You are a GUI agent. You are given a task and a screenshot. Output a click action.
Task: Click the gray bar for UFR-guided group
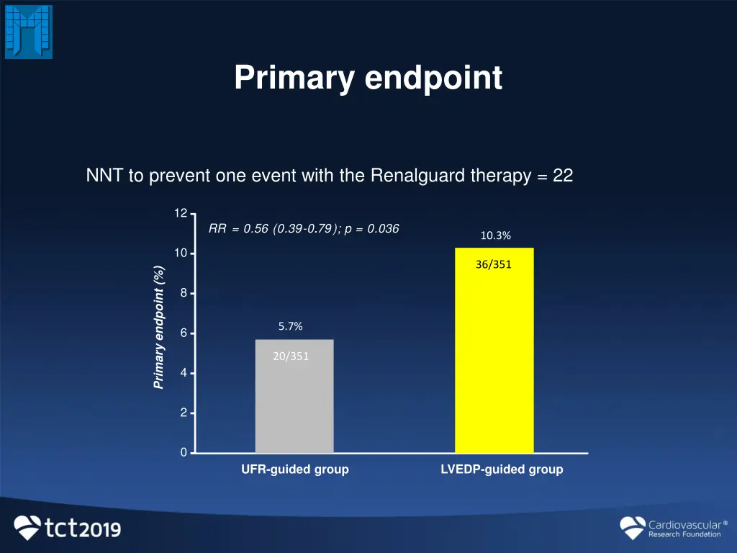[x=294, y=403]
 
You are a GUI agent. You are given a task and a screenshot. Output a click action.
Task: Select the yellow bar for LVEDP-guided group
[x=494, y=360]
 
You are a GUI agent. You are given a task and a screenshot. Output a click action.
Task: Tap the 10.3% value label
[x=496, y=235]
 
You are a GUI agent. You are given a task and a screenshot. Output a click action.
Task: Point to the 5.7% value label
[x=291, y=326]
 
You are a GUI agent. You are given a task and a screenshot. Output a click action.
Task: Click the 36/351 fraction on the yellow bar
[x=494, y=264]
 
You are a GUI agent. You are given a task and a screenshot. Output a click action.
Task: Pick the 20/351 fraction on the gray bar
[x=291, y=355]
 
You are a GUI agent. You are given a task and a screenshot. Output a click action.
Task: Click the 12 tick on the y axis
[x=180, y=213]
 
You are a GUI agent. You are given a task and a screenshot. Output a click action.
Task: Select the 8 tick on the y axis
[x=184, y=293]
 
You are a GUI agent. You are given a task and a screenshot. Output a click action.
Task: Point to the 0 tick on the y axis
[x=184, y=452]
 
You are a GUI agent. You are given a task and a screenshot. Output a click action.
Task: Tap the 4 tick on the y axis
[x=184, y=373]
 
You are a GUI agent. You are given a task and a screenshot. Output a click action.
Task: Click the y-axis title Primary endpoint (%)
[x=159, y=328]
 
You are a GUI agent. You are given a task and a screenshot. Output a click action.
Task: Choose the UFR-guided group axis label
[x=294, y=469]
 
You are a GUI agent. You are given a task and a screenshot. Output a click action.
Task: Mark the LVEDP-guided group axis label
[x=502, y=469]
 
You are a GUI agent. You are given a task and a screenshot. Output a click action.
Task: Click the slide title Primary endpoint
[x=368, y=78]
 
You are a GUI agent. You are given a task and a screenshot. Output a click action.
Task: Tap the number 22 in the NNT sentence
[x=563, y=176]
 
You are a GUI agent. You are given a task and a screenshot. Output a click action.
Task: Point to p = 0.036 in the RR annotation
[x=372, y=229]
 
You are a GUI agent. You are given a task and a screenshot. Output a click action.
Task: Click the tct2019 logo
[x=68, y=528]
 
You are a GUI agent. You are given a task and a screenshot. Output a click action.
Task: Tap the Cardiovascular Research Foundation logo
[x=671, y=528]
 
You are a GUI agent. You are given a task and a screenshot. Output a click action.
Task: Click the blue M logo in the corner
[x=29, y=32]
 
